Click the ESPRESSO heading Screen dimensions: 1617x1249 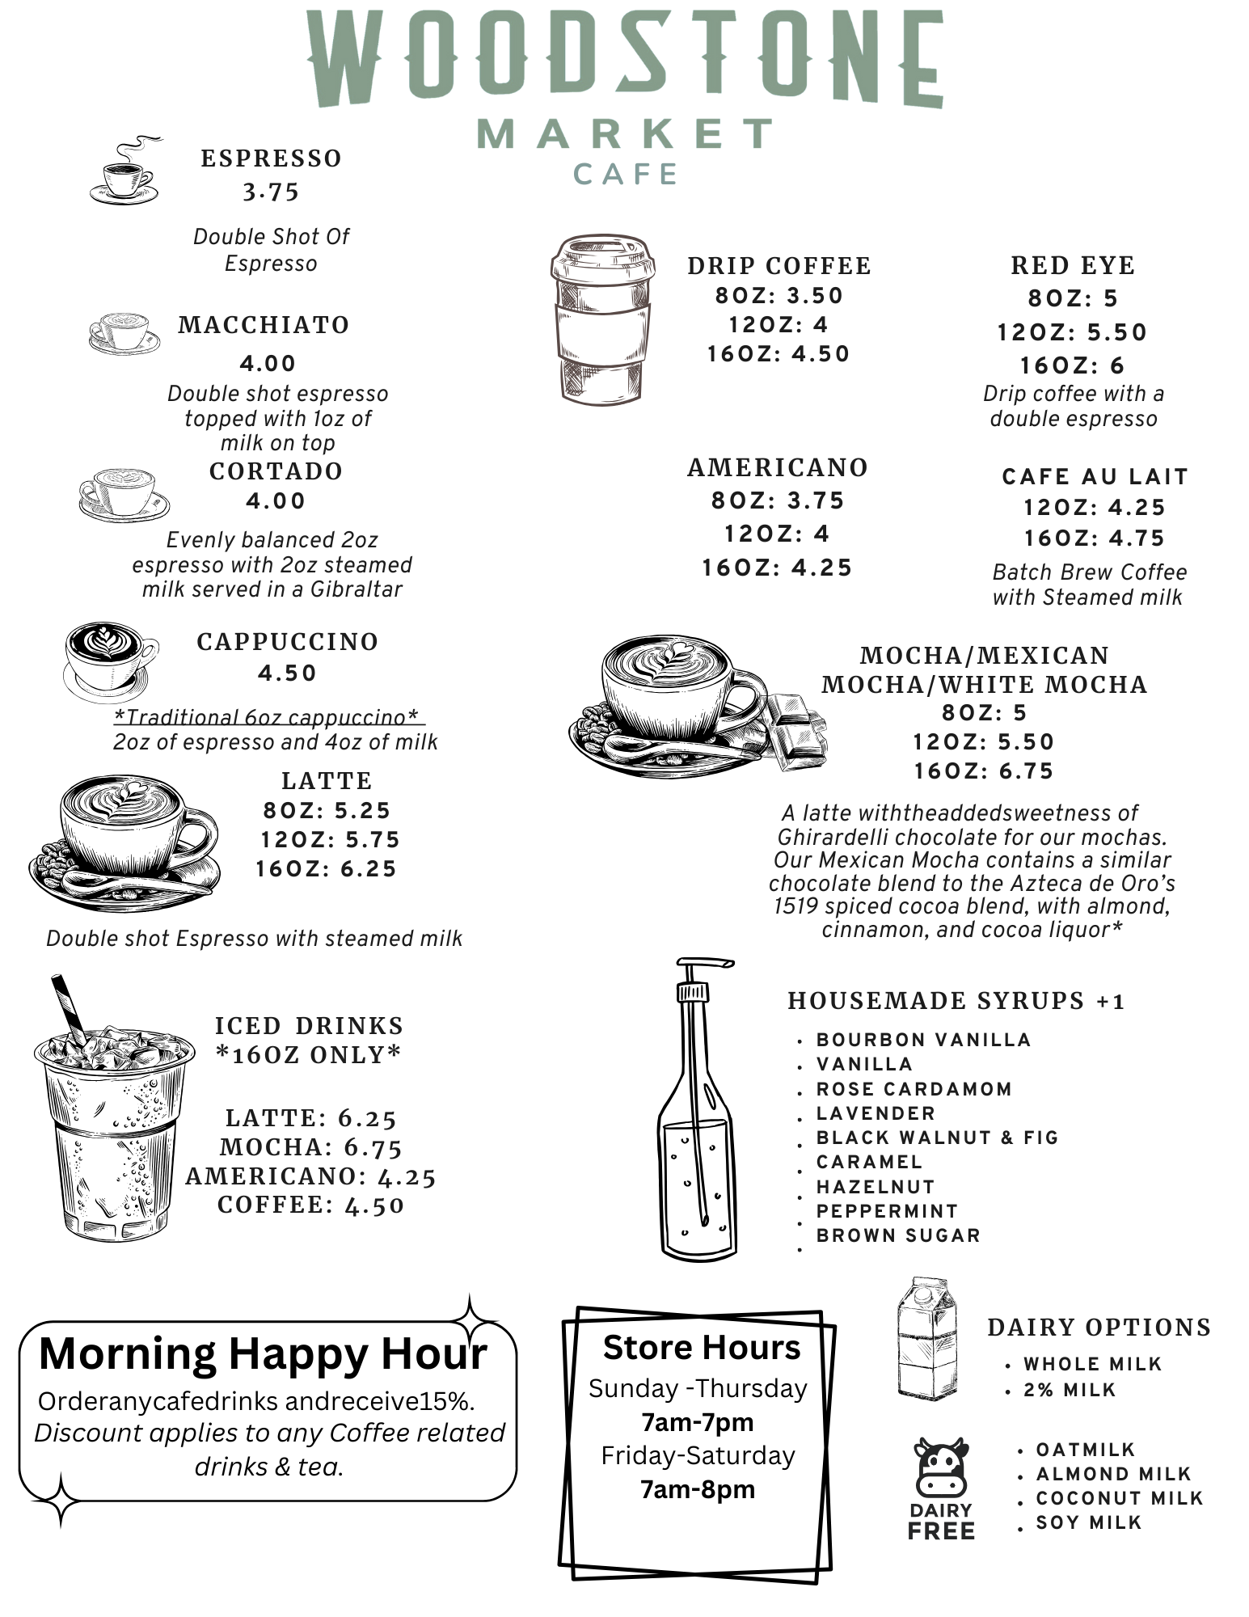[271, 158]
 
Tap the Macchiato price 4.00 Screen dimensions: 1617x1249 [268, 364]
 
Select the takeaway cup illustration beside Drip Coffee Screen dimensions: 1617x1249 [602, 319]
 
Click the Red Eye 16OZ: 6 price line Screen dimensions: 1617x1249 [1072, 365]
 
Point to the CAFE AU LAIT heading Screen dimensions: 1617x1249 [1095, 477]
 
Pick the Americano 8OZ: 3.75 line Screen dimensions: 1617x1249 [778, 501]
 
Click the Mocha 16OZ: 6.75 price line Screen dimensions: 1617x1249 [984, 771]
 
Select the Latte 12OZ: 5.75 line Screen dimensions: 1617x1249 [330, 840]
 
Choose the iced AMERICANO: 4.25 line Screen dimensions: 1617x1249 [310, 1176]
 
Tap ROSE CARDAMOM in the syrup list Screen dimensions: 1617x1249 [914, 1089]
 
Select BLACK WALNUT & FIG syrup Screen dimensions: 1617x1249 [937, 1138]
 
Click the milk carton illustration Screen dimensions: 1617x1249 [926, 1337]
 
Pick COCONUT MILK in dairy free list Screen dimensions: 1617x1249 [1119, 1498]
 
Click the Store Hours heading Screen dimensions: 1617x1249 [701, 1348]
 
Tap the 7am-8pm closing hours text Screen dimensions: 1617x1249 [698, 1489]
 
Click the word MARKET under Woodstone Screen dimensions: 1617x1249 [624, 134]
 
